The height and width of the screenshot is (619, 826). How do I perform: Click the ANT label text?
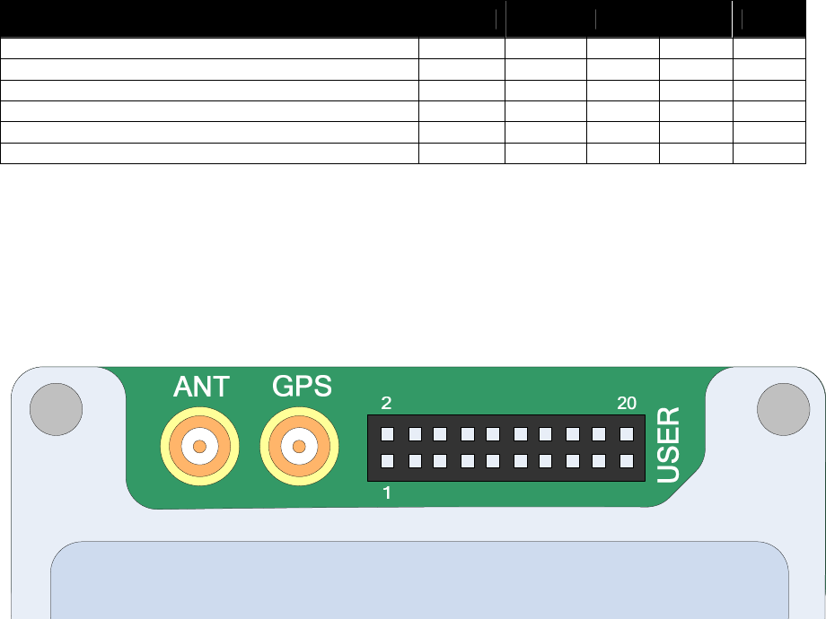pyautogui.click(x=201, y=387)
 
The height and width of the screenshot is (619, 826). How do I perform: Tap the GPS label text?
pyautogui.click(x=302, y=387)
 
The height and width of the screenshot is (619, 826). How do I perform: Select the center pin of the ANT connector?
pyautogui.click(x=200, y=446)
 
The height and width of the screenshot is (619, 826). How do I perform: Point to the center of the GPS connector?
pyautogui.click(x=300, y=446)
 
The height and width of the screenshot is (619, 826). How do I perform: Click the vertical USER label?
pyautogui.click(x=669, y=446)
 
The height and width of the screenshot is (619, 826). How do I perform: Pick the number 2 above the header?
pyautogui.click(x=386, y=404)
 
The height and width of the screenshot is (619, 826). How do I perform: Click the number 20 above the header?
pyautogui.click(x=627, y=404)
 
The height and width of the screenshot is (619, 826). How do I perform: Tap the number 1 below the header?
pyautogui.click(x=387, y=493)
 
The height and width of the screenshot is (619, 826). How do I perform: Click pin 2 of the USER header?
pyautogui.click(x=387, y=435)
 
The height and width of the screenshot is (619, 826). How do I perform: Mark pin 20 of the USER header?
pyautogui.click(x=626, y=435)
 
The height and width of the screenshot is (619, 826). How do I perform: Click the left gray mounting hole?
pyautogui.click(x=57, y=410)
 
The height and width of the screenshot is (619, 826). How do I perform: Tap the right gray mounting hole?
pyautogui.click(x=784, y=410)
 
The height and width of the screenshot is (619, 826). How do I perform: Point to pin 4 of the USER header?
pyautogui.click(x=415, y=435)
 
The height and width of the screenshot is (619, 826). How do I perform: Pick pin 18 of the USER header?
pyautogui.click(x=599, y=435)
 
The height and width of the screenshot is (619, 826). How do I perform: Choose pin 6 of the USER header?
pyautogui.click(x=440, y=435)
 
